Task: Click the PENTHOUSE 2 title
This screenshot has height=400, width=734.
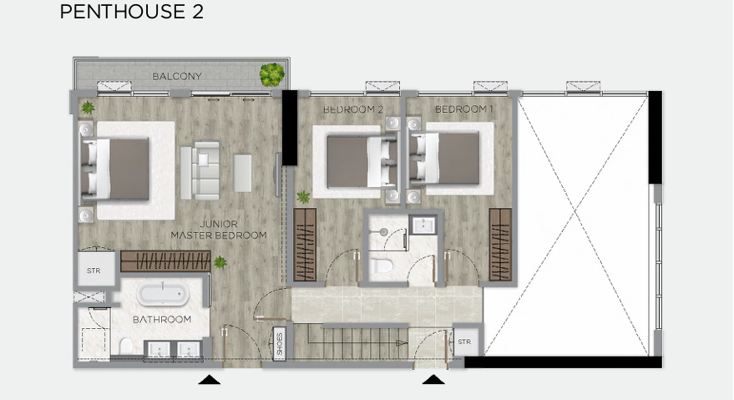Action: (x=131, y=13)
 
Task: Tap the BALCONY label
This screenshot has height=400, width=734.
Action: (x=177, y=77)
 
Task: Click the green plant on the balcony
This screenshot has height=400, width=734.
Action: (x=271, y=75)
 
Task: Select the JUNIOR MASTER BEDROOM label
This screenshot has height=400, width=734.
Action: (x=219, y=230)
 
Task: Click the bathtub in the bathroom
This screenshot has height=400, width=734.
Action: (x=164, y=294)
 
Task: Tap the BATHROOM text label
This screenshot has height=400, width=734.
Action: (x=162, y=320)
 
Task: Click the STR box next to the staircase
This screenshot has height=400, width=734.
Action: (x=465, y=342)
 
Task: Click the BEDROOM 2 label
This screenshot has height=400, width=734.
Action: (x=352, y=109)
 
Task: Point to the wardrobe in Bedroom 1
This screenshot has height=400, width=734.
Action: (x=499, y=245)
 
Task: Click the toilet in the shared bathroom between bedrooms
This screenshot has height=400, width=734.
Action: (x=384, y=267)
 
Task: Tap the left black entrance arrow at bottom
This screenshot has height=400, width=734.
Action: (x=209, y=380)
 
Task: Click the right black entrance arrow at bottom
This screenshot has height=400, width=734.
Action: (x=433, y=380)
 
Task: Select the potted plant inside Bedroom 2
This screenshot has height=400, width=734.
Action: (x=303, y=197)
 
